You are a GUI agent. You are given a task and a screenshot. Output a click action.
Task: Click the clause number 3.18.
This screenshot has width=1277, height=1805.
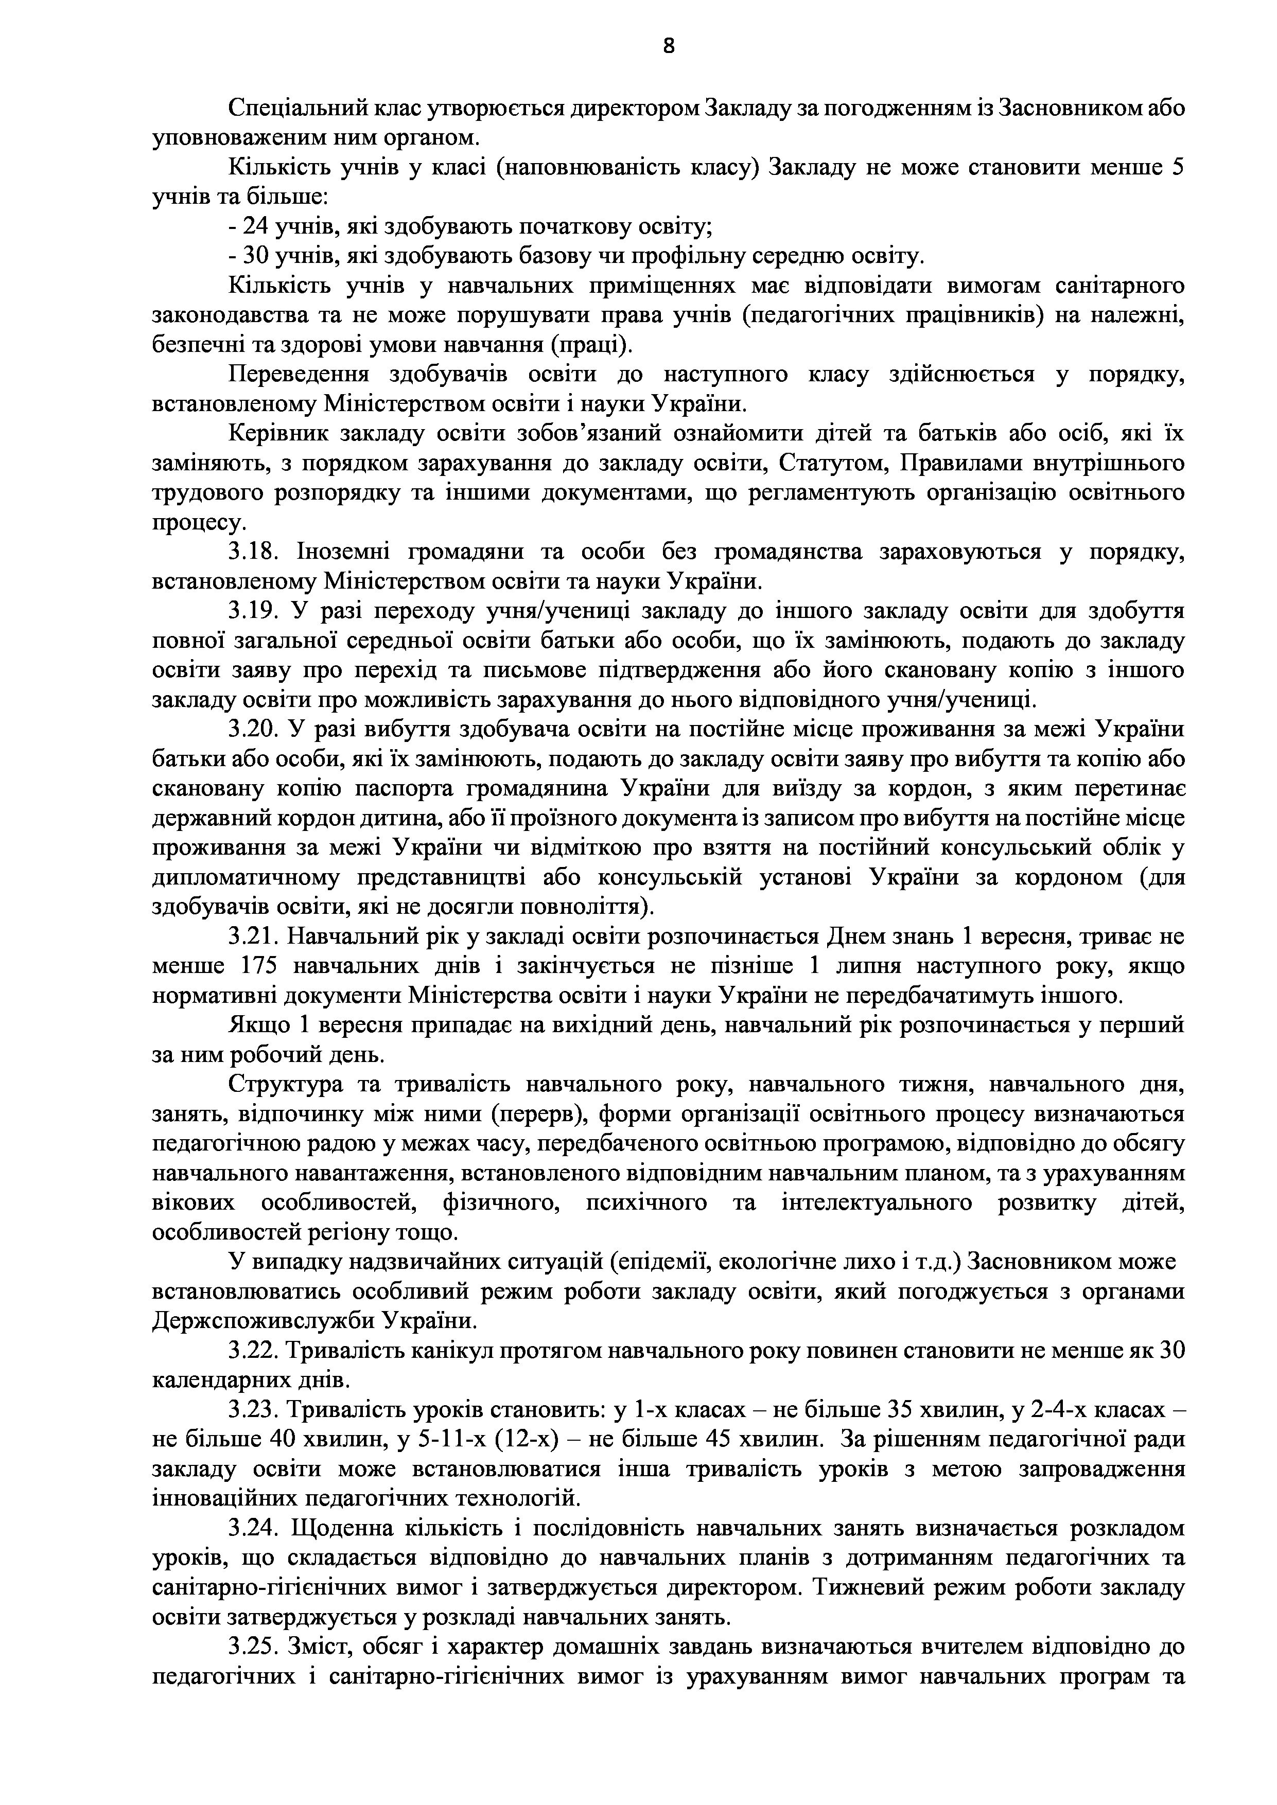pyautogui.click(x=254, y=553)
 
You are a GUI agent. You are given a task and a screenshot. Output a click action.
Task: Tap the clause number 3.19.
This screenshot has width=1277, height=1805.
pyautogui.click(x=254, y=612)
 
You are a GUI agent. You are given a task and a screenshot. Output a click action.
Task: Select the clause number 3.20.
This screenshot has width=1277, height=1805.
pyautogui.click(x=254, y=730)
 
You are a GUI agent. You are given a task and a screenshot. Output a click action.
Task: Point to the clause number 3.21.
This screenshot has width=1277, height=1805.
pyautogui.click(x=253, y=937)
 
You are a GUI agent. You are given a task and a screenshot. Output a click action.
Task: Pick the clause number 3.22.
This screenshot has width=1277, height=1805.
pyautogui.click(x=253, y=1351)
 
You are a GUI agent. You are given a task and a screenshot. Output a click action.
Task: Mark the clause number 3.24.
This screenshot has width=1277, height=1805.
pyautogui.click(x=254, y=1528)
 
